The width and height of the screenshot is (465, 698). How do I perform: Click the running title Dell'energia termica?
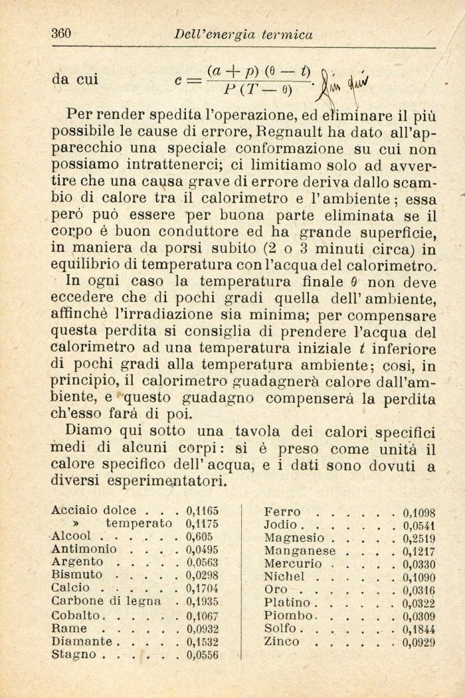242,35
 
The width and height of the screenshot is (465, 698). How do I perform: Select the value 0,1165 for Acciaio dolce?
203,511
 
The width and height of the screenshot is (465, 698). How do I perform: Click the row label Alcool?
70,537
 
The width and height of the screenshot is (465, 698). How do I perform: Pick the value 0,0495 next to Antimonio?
203,549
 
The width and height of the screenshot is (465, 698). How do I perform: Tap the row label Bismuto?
76,575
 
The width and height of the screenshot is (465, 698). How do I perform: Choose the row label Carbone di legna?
106,601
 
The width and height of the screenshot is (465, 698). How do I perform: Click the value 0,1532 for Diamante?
203,642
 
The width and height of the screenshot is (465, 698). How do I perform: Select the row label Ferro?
282,512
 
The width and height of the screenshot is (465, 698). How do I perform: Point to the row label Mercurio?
292,564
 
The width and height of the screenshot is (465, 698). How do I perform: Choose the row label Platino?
287,603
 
